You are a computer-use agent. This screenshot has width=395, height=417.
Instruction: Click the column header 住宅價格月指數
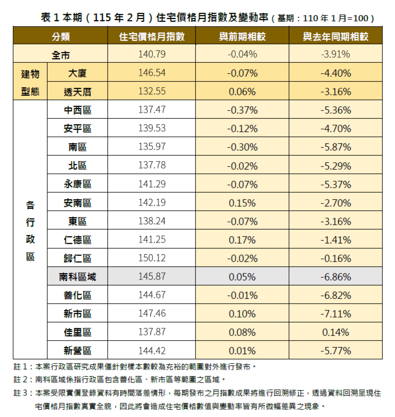[152, 36]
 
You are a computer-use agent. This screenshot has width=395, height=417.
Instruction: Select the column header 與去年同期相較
[336, 36]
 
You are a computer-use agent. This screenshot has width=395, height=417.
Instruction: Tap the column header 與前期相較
[242, 36]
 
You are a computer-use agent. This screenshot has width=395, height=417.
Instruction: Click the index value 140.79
[152, 55]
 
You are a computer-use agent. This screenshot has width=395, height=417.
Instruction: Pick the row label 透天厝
[77, 92]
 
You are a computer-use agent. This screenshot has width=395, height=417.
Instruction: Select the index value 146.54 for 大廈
[152, 73]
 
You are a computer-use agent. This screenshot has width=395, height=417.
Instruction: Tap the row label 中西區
[77, 110]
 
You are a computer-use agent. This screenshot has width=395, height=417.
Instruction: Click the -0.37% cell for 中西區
[242, 110]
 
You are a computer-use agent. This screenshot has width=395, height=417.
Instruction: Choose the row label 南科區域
[77, 277]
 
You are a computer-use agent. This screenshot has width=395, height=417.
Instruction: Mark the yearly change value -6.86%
[336, 277]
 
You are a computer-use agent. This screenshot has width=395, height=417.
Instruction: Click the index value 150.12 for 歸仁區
[152, 258]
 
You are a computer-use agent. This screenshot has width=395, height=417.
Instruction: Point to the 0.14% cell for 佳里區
[336, 332]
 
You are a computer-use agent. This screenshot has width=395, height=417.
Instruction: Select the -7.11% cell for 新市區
[336, 314]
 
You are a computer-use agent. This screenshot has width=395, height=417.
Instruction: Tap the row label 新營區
[77, 351]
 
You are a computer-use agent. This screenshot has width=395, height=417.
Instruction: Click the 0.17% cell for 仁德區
[242, 240]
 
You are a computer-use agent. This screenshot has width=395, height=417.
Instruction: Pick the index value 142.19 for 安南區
[152, 203]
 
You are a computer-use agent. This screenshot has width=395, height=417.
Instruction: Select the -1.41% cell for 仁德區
[336, 240]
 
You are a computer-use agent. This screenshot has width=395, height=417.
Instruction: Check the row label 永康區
[77, 184]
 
